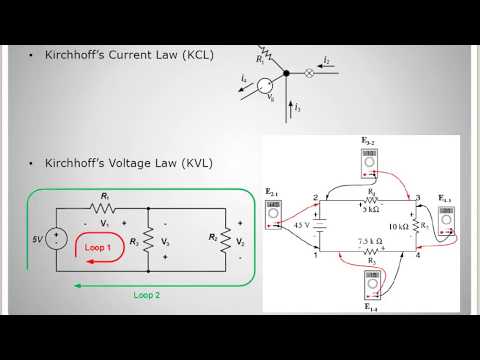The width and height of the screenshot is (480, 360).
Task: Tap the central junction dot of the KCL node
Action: tap(286, 73)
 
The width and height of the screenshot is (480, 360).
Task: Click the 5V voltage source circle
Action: tap(56, 241)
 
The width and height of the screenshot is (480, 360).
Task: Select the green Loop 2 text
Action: tap(147, 296)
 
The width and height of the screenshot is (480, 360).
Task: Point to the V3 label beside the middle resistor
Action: tap(166, 241)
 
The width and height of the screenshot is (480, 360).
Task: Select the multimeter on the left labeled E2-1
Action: tap(273, 209)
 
